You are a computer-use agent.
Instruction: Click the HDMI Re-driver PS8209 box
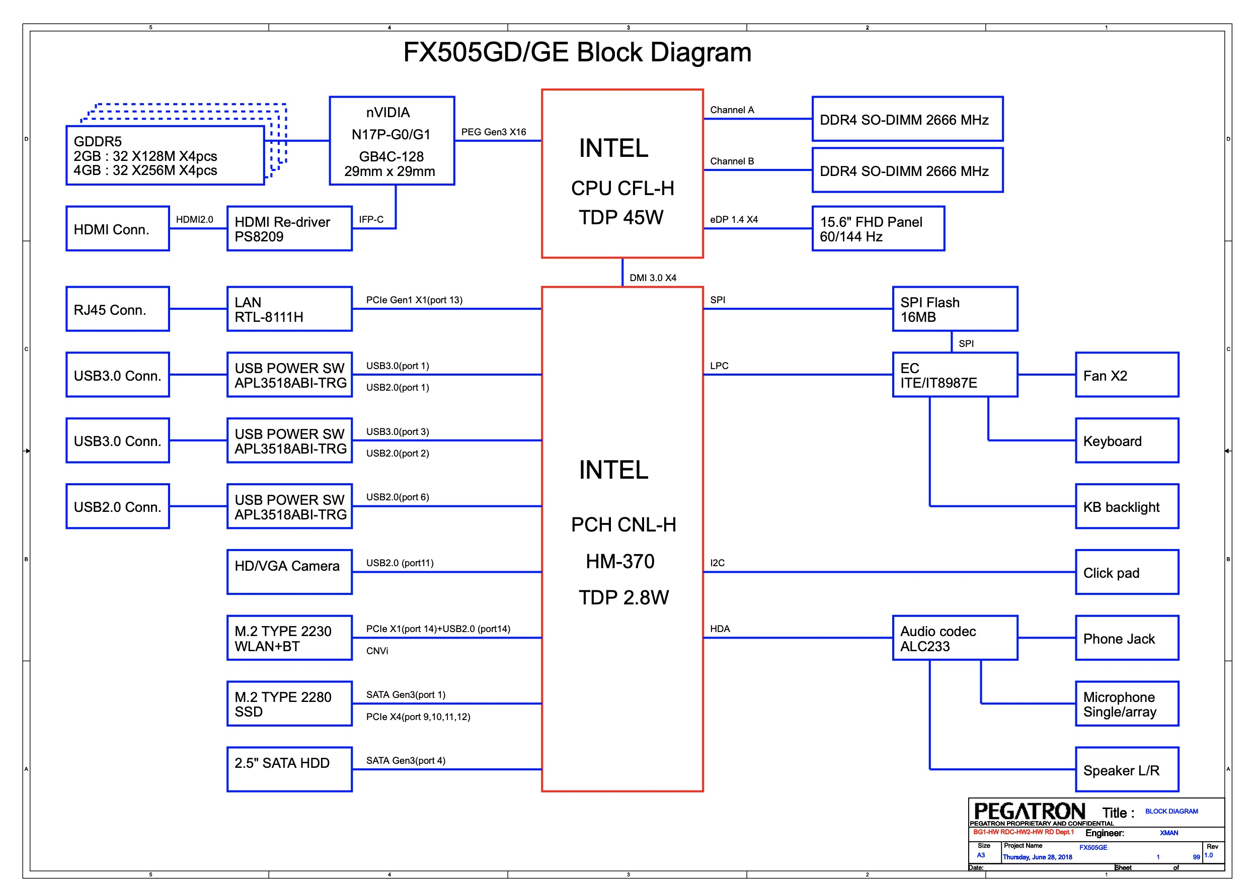[x=289, y=229]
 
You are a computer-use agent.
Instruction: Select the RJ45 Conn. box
[x=118, y=309]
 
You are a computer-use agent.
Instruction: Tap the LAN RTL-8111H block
[x=289, y=309]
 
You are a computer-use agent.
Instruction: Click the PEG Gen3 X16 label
[x=493, y=132]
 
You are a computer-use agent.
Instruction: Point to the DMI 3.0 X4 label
[x=652, y=278]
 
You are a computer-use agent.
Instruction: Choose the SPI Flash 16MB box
[x=955, y=309]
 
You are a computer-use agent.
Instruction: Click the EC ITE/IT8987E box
[x=955, y=375]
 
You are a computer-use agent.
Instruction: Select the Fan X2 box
[x=1127, y=375]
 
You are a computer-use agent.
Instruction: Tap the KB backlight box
[x=1127, y=506]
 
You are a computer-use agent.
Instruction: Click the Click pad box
[x=1127, y=573]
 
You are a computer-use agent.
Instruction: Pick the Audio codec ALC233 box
[x=955, y=638]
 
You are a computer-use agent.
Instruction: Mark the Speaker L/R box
[x=1127, y=770]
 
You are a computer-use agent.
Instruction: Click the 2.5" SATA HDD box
[x=289, y=770]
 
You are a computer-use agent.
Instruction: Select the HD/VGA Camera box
[x=289, y=572]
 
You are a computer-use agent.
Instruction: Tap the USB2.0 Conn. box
[x=118, y=506]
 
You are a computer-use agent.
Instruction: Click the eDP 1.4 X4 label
[x=733, y=220]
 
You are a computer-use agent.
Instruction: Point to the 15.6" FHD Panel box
[x=878, y=229]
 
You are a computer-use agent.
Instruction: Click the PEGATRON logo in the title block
[x=1029, y=811]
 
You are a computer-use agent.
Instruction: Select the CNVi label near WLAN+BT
[x=377, y=651]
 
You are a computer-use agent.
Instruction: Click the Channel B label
[x=732, y=161]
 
